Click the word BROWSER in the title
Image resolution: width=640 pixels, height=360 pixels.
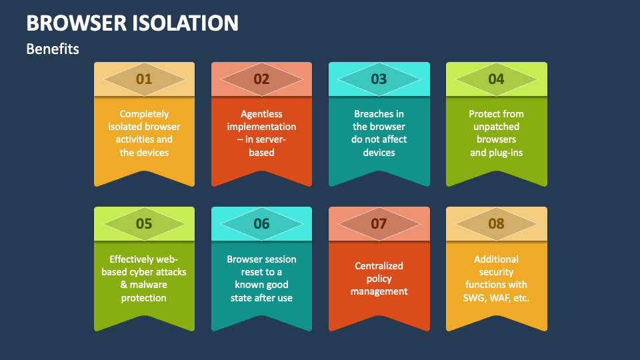pyautogui.click(x=76, y=23)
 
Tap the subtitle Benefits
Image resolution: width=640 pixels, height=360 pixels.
pyautogui.click(x=53, y=49)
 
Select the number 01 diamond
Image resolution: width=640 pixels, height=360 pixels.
pyautogui.click(x=144, y=79)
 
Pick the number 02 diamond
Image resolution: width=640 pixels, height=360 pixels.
pyautogui.click(x=261, y=79)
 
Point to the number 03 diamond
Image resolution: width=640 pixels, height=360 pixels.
pyautogui.click(x=379, y=79)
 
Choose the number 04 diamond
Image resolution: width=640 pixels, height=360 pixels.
pyautogui.click(x=496, y=79)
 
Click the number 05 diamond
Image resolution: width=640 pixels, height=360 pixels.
pyautogui.click(x=144, y=224)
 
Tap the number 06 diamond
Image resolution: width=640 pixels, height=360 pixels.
pyautogui.click(x=261, y=224)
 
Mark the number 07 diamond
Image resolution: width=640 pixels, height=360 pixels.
pyautogui.click(x=379, y=224)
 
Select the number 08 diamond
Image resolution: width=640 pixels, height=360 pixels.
pyautogui.click(x=496, y=224)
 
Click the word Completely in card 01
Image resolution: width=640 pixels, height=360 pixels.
pyautogui.click(x=144, y=114)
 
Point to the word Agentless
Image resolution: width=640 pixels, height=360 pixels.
pyautogui.click(x=261, y=114)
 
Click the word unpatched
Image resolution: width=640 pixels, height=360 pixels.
pyautogui.click(x=496, y=127)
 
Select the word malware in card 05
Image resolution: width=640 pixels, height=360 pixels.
pyautogui.click(x=149, y=285)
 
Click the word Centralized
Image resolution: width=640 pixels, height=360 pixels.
pyautogui.click(x=379, y=266)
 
